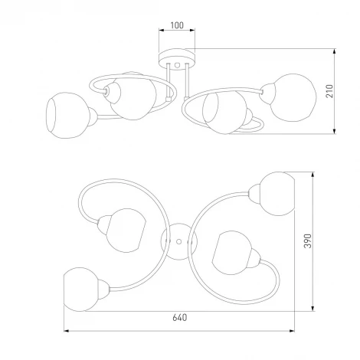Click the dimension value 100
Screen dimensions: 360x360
(177, 25)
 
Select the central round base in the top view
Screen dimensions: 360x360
(178, 239)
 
